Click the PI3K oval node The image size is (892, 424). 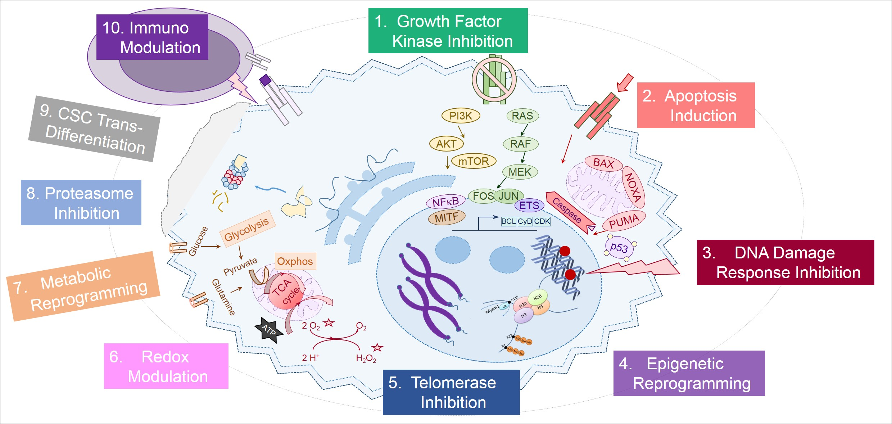coord(461,116)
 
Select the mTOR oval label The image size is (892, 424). coord(474,161)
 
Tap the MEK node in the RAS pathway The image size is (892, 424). coord(520,172)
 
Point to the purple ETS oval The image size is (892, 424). coord(529,206)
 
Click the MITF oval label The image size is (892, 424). coord(447,217)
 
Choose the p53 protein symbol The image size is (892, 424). coord(619,248)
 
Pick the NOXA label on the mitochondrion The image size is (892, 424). coord(633,187)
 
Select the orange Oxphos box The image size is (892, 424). coord(295,261)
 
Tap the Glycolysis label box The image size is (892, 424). coord(247,229)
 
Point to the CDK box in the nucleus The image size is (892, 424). coord(542,221)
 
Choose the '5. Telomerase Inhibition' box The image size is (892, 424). coord(451,392)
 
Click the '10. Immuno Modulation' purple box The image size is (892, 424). coord(152,37)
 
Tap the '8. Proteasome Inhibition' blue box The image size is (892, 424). coord(81,203)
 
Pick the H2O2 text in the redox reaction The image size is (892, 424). coord(366,358)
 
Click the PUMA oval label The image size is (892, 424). coord(624,221)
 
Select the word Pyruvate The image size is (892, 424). coord(240,266)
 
